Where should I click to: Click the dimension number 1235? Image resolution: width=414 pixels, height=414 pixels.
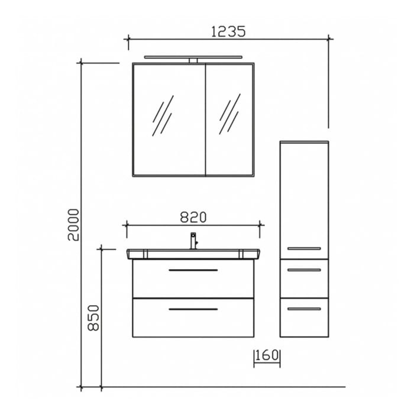click(228, 31)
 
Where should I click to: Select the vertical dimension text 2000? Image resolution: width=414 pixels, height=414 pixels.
click(73, 225)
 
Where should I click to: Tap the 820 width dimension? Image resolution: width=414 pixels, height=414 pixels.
click(193, 217)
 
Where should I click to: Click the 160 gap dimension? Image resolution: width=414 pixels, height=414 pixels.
click(267, 356)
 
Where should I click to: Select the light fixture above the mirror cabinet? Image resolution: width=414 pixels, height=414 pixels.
click(193, 58)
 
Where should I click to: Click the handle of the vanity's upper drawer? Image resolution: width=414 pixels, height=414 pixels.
click(193, 270)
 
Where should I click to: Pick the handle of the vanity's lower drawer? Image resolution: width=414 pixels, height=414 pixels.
click(193, 309)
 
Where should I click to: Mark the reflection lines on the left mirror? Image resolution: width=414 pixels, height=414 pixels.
click(163, 115)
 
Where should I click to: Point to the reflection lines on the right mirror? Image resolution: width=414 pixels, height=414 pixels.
click(229, 114)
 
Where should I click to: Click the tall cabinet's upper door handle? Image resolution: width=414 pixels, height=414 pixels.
click(304, 248)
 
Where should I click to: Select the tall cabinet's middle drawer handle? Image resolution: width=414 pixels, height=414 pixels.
click(304, 270)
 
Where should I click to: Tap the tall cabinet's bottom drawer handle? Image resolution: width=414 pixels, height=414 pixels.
click(304, 308)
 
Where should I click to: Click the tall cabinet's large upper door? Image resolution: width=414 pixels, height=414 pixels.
click(304, 195)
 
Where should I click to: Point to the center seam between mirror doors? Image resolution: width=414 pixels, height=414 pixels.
click(205, 118)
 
